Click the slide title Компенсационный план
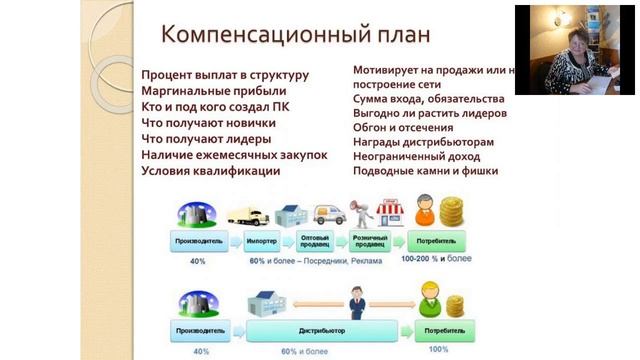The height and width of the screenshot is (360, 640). coord(297,34)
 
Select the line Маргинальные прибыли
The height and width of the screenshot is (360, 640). coord(204,91)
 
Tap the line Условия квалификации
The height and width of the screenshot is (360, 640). coord(211,171)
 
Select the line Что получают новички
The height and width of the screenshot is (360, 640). coord(208,123)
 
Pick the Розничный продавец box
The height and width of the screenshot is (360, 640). coord(369,242)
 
